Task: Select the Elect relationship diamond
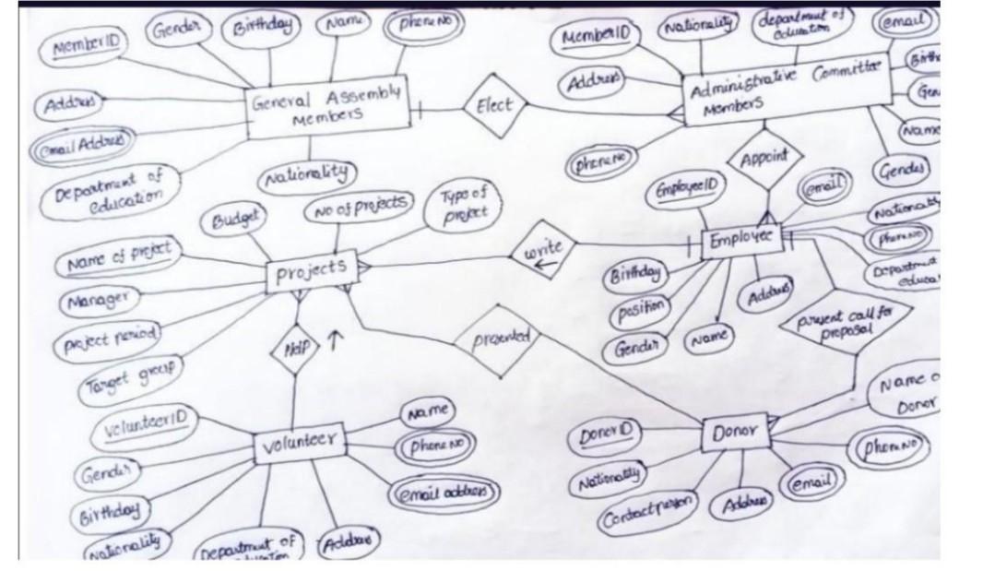pos(493,106)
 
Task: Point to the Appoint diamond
pos(764,160)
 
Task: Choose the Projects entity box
pos(309,269)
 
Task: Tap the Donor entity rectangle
pos(735,431)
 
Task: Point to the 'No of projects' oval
pos(359,208)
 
